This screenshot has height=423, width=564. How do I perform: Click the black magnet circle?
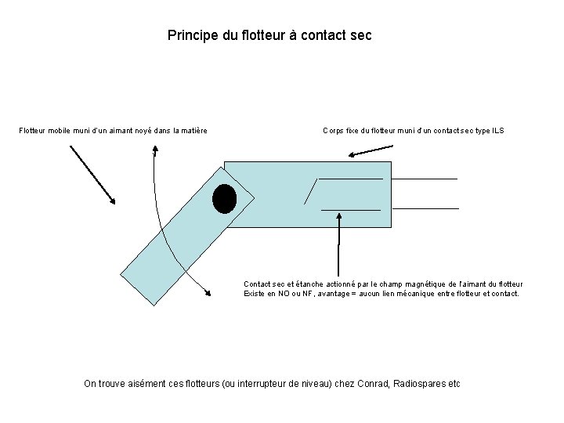225,199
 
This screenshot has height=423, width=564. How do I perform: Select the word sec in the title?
361,36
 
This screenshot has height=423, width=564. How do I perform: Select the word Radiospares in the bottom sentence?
418,384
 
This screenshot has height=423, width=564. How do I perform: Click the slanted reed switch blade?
311,191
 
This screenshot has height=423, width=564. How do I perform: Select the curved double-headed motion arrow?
161,227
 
